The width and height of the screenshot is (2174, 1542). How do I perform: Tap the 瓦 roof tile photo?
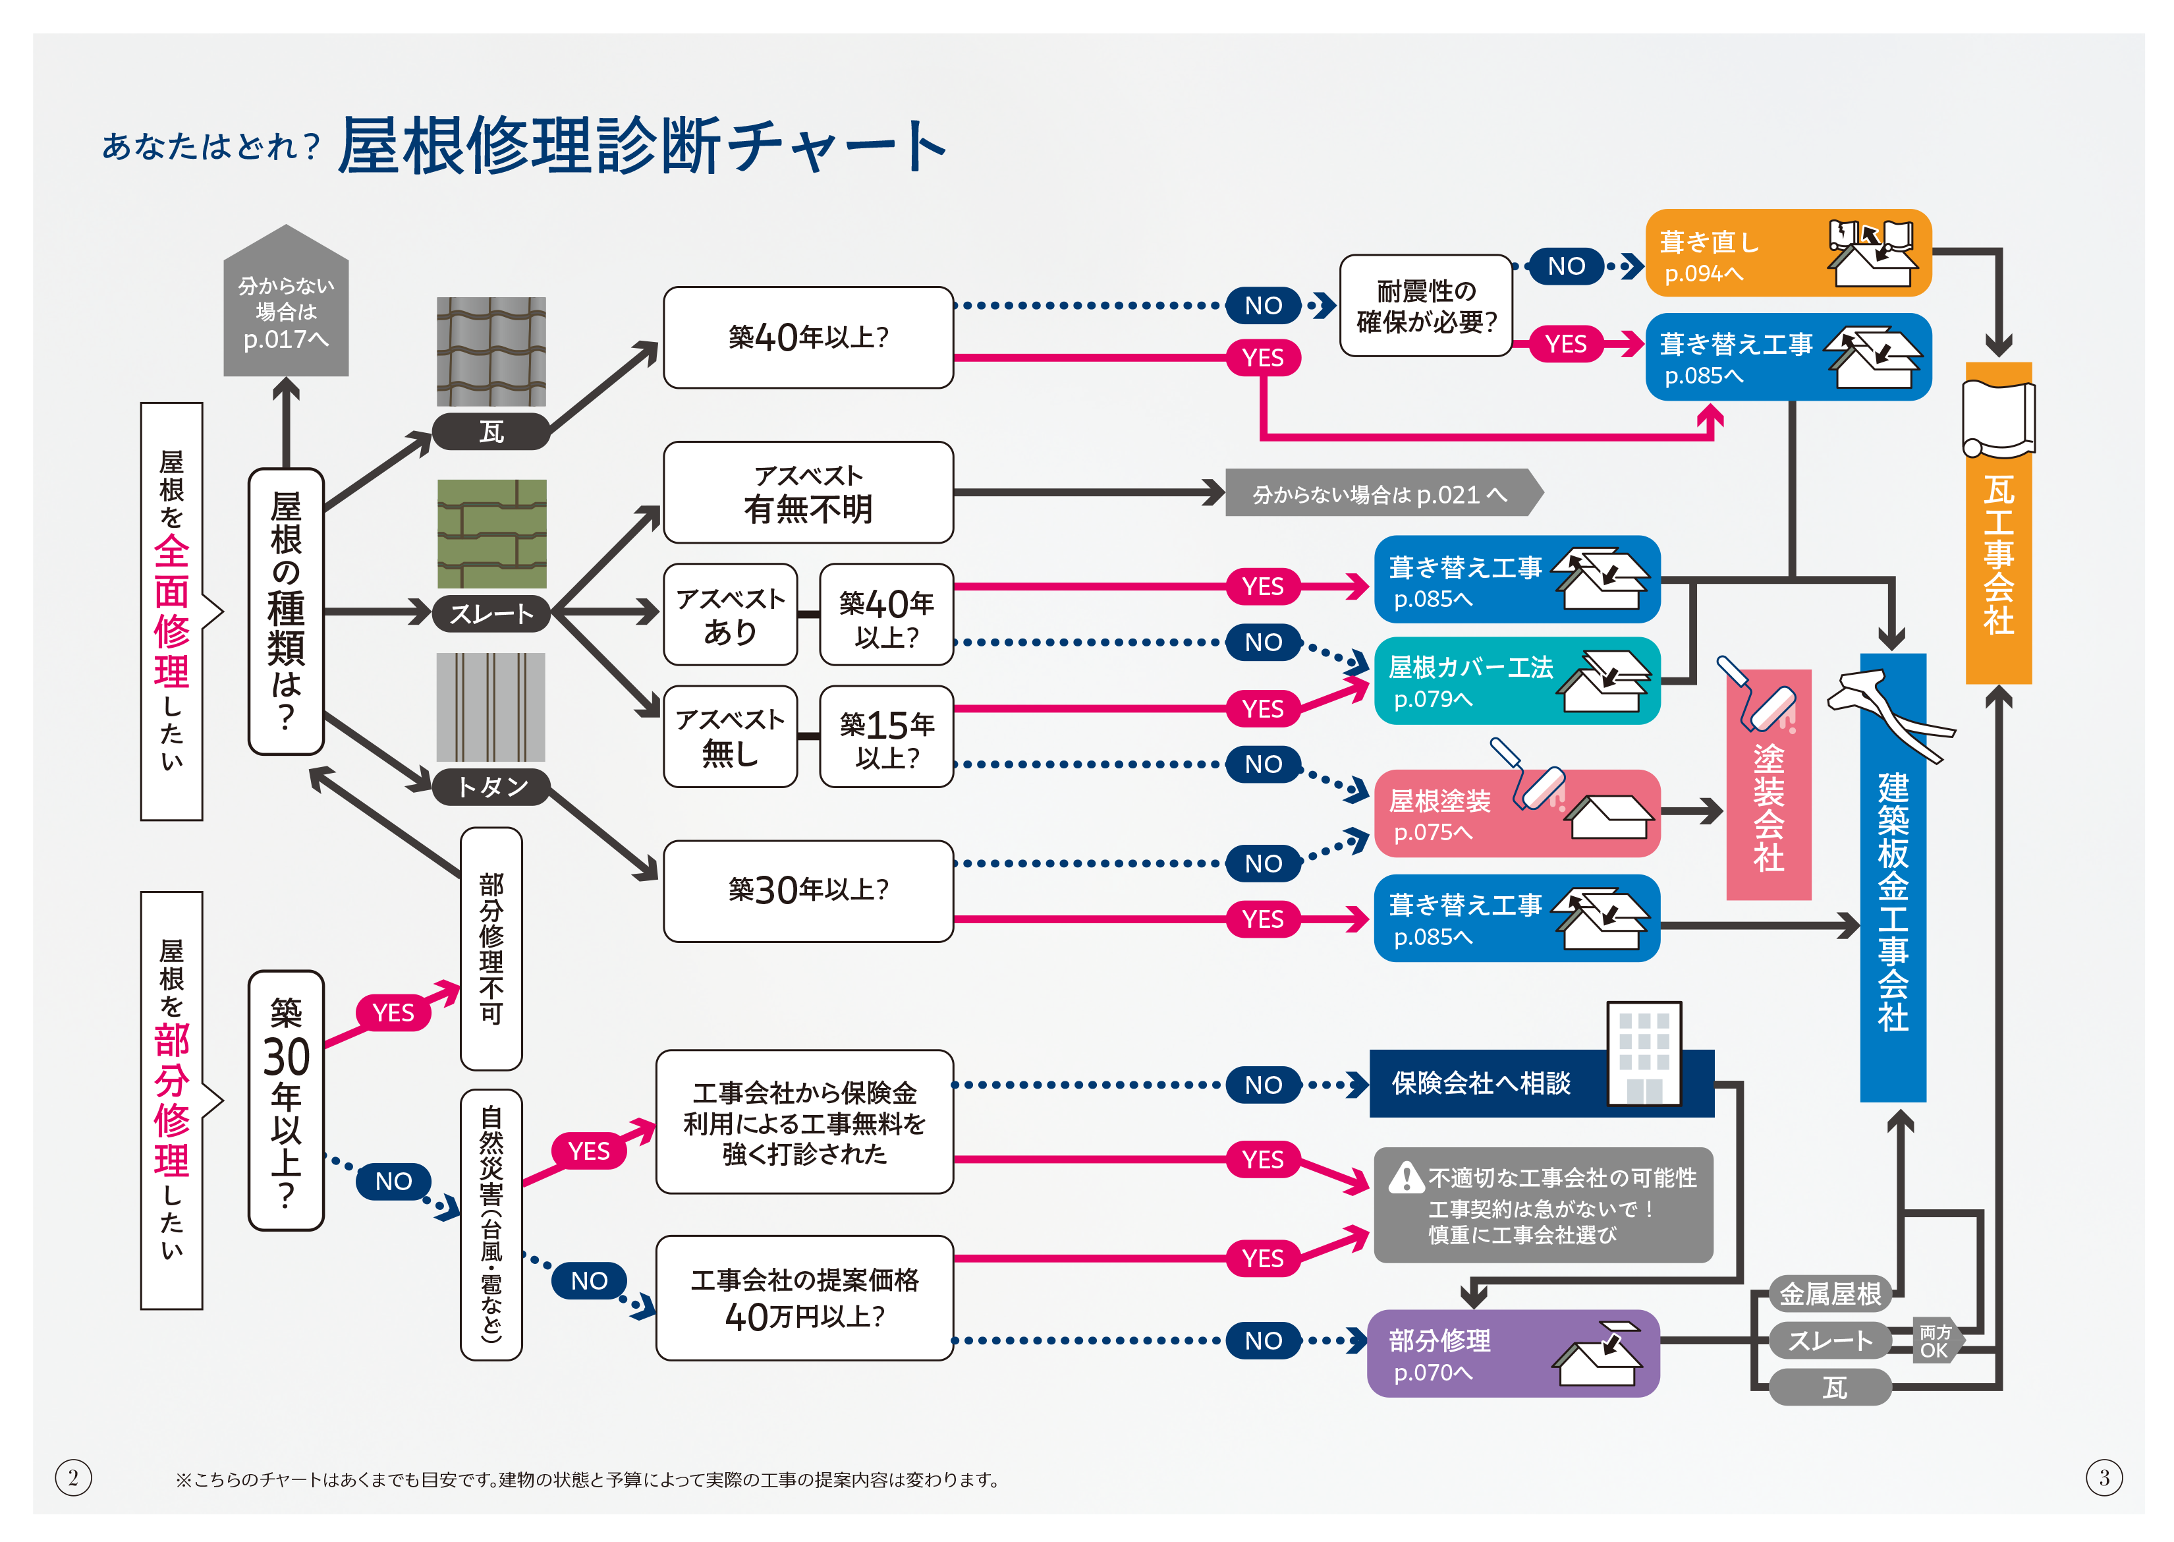coord(491,351)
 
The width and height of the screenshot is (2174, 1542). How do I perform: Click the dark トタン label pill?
coord(491,786)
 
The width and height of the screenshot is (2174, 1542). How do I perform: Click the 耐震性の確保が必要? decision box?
coord(1425,306)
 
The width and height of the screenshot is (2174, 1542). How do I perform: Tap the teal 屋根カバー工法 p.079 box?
coord(1516,681)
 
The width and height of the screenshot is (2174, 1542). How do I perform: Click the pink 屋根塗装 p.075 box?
coord(1516,814)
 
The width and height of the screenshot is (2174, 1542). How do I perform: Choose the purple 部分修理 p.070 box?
coord(1513,1353)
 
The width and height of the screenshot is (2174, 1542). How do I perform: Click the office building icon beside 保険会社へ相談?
coord(1643,1054)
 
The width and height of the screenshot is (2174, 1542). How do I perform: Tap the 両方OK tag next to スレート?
coord(1933,1341)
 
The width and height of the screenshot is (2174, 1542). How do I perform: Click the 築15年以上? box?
coord(885,737)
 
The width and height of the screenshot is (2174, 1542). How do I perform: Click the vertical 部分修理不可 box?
coord(491,948)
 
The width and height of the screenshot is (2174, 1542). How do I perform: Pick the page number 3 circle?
coord(2104,1477)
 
